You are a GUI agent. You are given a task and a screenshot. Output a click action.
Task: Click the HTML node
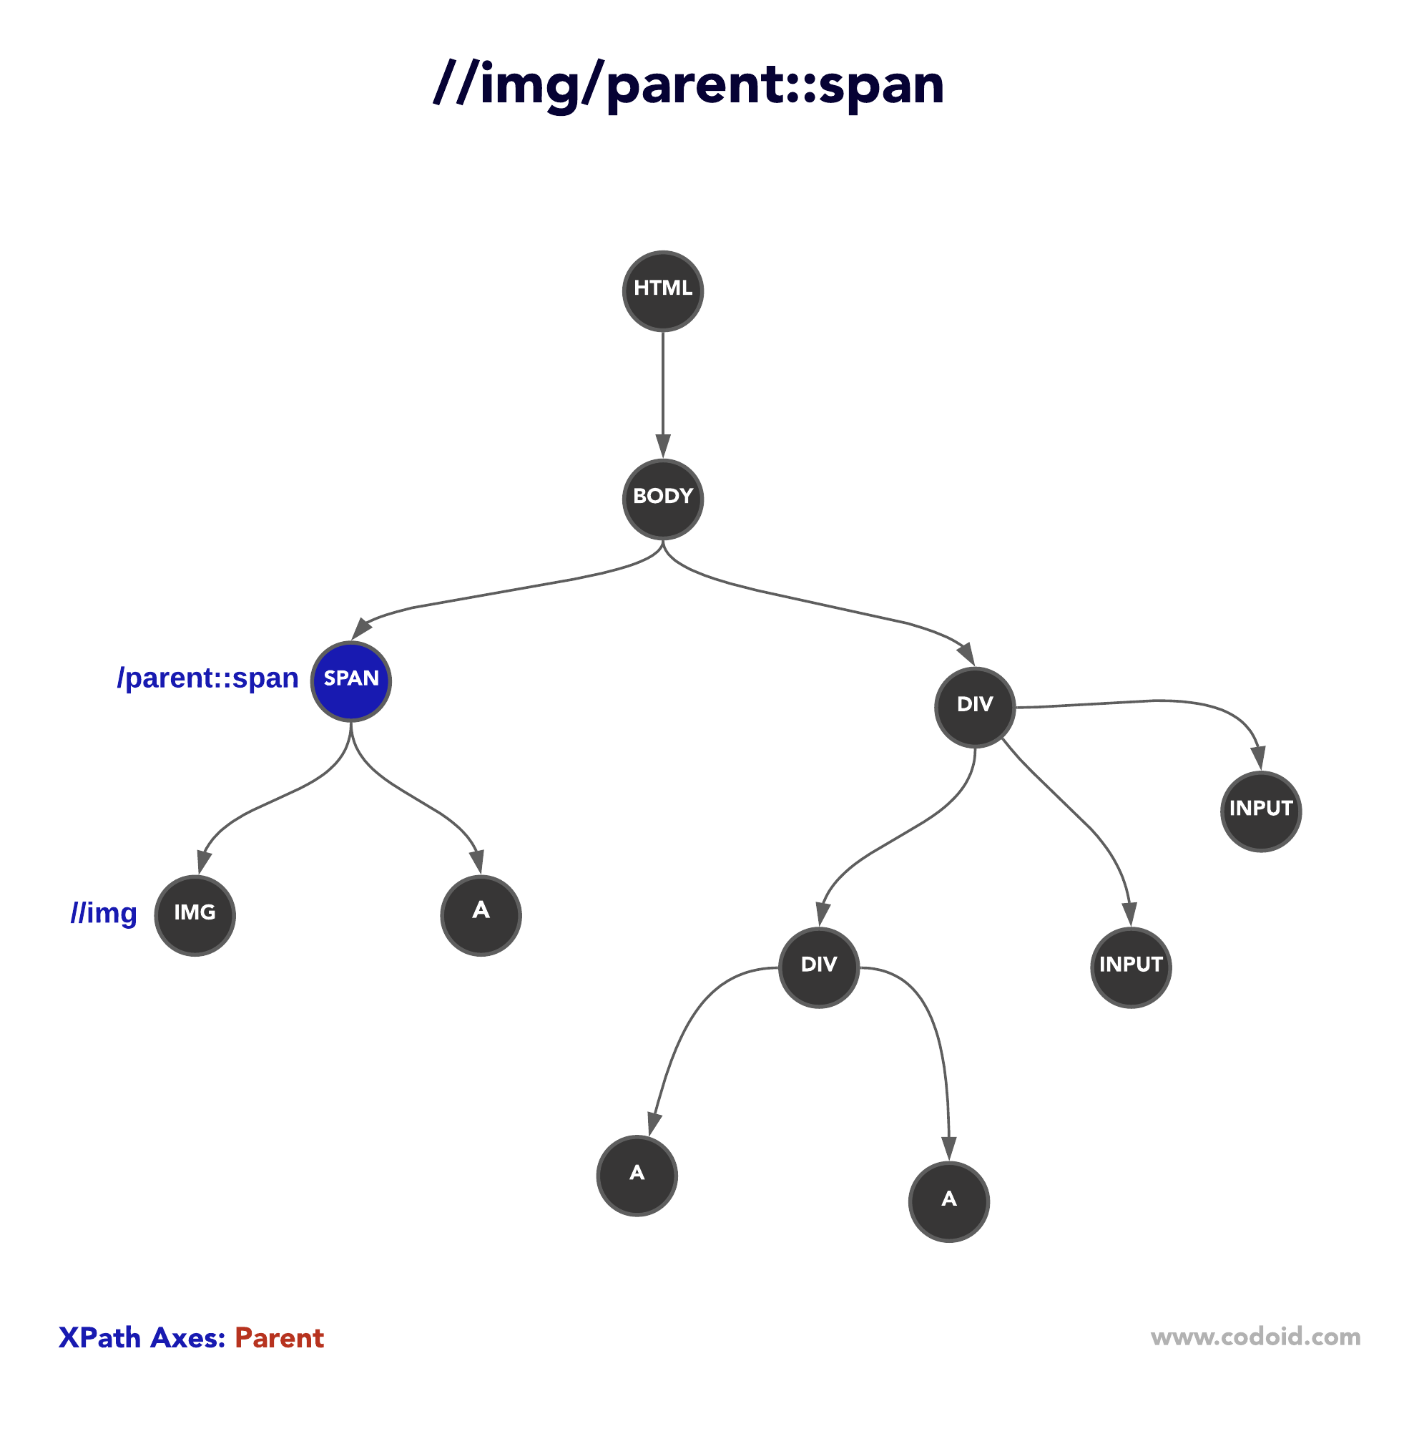tap(663, 291)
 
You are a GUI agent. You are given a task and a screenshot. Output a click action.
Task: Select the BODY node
tap(663, 499)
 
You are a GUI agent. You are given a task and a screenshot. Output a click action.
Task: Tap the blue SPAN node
tap(351, 681)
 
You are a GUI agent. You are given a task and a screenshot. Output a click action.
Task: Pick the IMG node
tap(195, 915)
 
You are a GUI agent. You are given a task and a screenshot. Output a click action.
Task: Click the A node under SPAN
tap(481, 915)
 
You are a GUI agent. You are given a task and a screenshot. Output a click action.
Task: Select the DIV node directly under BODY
tap(975, 707)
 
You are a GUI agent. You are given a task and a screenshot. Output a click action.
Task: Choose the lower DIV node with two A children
tap(819, 967)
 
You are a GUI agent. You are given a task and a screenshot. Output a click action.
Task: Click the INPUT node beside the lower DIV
tap(1131, 967)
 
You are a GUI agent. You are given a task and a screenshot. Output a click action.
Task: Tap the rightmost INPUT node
tap(1261, 811)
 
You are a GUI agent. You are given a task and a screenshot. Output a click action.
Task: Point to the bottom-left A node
tap(637, 1176)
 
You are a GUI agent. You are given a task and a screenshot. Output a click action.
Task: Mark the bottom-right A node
tap(949, 1201)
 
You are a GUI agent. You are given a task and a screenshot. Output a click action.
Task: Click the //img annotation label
tap(104, 914)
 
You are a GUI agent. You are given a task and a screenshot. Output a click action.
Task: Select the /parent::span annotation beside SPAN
tap(207, 678)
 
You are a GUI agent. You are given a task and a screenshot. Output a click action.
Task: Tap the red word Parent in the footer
tap(280, 1339)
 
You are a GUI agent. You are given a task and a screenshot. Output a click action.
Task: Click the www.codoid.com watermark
tap(1255, 1337)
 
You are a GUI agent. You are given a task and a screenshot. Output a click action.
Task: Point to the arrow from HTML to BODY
tap(663, 392)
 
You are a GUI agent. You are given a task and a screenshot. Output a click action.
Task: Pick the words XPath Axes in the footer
tap(142, 1339)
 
